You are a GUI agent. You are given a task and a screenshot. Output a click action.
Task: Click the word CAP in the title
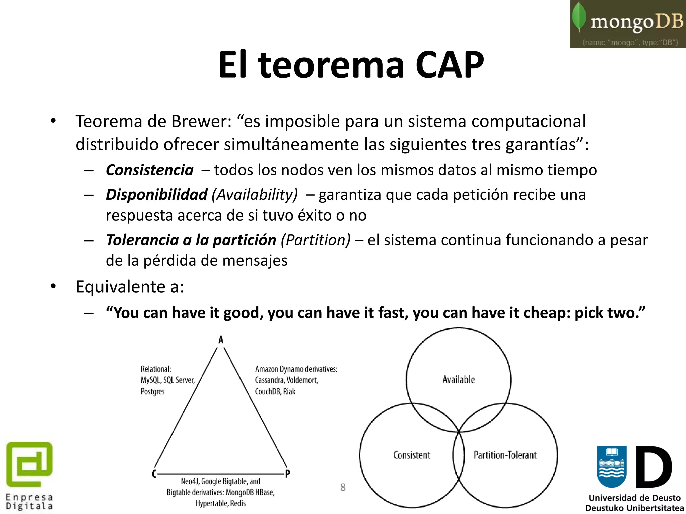pyautogui.click(x=450, y=65)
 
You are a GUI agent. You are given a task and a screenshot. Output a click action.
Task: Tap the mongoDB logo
pyautogui.click(x=628, y=24)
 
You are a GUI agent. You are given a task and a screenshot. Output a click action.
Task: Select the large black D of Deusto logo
pyautogui.click(x=653, y=467)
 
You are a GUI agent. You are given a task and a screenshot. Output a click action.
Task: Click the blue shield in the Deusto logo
pyautogui.click(x=612, y=466)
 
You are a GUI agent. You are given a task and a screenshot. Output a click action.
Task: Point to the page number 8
pyautogui.click(x=343, y=487)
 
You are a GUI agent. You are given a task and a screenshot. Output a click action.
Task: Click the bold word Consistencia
pyautogui.click(x=149, y=170)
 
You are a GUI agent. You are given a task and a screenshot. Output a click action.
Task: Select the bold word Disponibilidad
pyautogui.click(x=156, y=195)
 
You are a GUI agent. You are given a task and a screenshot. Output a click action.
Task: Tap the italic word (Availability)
pyautogui.click(x=255, y=195)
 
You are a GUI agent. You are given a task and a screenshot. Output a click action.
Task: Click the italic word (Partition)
pyautogui.click(x=316, y=240)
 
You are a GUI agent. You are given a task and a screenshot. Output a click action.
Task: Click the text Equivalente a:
pyautogui.click(x=130, y=287)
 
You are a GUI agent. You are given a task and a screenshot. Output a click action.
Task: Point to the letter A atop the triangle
pyautogui.click(x=221, y=340)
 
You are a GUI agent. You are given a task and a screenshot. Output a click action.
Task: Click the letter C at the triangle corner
pyautogui.click(x=154, y=474)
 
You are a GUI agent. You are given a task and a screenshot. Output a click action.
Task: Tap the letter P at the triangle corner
pyautogui.click(x=287, y=474)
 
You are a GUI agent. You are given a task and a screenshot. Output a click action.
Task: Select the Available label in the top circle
pyautogui.click(x=459, y=380)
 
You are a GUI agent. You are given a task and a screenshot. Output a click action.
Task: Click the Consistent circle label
pyautogui.click(x=412, y=455)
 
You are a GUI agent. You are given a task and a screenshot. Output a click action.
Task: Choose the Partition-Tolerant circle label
pyautogui.click(x=505, y=455)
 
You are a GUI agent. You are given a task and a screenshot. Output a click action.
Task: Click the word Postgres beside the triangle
pyautogui.click(x=153, y=392)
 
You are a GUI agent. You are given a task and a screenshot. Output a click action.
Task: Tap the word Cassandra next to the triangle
pyautogui.click(x=269, y=380)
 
